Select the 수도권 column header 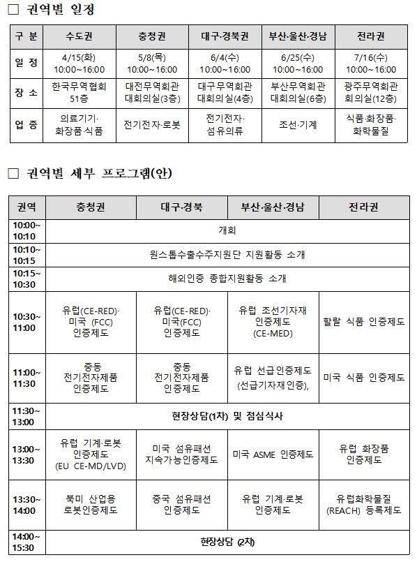pos(82,36)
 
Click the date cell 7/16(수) pos(370,64)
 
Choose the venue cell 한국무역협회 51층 pos(82,92)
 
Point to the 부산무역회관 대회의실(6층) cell pos(298,92)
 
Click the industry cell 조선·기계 pos(298,125)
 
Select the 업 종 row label pos(27,125)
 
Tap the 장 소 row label pos(27,92)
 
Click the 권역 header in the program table pos(27,207)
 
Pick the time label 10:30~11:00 pos(27,322)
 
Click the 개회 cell pos(227,230)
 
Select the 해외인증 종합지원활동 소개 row pos(227,279)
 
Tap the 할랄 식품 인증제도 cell pos(364,322)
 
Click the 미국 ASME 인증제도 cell pos(273,454)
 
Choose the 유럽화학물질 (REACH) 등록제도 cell pos(364,505)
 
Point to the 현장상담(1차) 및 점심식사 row pos(227,416)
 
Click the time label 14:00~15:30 pos(27,542)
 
